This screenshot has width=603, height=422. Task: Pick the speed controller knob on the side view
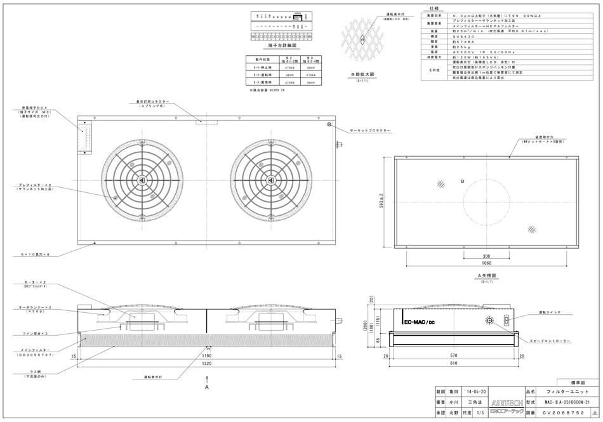coord(489,321)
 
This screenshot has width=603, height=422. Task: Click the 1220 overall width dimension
coord(208,366)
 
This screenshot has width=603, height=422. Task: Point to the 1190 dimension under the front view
coord(208,357)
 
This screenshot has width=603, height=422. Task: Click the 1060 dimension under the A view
coord(486,261)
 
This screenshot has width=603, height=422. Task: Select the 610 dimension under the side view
coord(453,366)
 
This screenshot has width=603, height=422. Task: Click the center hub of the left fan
coord(143,180)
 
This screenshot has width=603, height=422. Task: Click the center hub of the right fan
coord(271,180)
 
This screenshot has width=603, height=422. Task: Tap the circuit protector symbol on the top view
coord(329,125)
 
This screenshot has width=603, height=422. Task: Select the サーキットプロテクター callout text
coord(370,130)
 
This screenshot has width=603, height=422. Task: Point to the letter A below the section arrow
coord(207,385)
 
